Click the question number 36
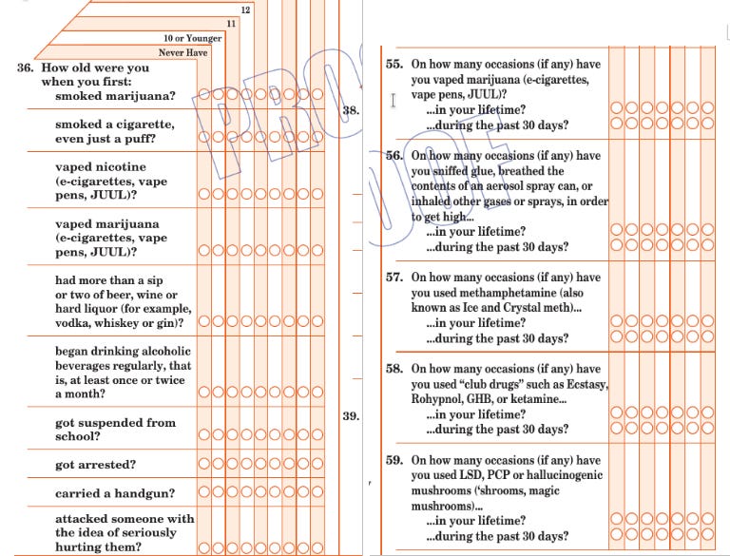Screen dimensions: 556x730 pos(27,68)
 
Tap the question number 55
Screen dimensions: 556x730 pos(394,65)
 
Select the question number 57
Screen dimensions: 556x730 pos(394,278)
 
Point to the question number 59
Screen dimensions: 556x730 pos(394,460)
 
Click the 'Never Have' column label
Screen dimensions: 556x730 pos(182,53)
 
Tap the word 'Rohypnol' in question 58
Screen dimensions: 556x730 pos(439,399)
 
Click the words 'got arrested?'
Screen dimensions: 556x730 pos(95,465)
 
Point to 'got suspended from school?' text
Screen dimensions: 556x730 pos(115,430)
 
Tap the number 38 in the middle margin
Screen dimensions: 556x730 pos(351,111)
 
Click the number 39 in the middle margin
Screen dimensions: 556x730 pos(351,415)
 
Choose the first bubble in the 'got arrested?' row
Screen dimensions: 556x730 pos(204,465)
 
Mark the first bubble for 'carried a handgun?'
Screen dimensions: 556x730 pos(204,494)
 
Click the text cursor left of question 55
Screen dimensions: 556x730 pos(393,98)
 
